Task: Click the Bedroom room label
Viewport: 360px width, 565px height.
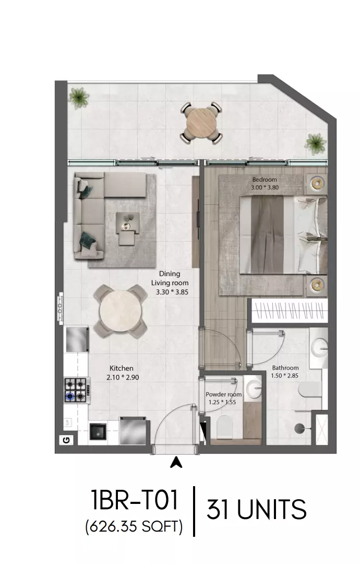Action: click(x=265, y=180)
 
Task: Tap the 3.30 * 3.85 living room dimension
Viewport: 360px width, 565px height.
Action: click(x=172, y=292)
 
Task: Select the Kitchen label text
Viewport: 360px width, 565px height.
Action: click(x=122, y=368)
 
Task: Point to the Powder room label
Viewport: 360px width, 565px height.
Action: click(x=223, y=395)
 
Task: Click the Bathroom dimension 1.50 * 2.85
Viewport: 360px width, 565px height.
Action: click(x=285, y=375)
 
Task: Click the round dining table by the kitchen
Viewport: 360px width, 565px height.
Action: click(x=120, y=311)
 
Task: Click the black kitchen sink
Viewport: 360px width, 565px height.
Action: click(x=98, y=432)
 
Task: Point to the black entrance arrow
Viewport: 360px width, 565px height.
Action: click(x=176, y=462)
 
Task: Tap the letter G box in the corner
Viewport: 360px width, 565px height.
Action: click(x=67, y=440)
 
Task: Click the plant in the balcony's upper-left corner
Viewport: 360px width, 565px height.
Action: click(x=79, y=97)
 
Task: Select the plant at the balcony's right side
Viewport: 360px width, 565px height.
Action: click(x=316, y=144)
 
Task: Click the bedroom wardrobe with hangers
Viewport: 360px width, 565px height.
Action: click(x=290, y=310)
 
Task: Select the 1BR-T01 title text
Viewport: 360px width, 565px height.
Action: click(x=135, y=500)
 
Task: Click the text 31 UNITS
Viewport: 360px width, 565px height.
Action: click(x=256, y=510)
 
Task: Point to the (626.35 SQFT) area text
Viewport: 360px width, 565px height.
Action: click(x=134, y=527)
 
